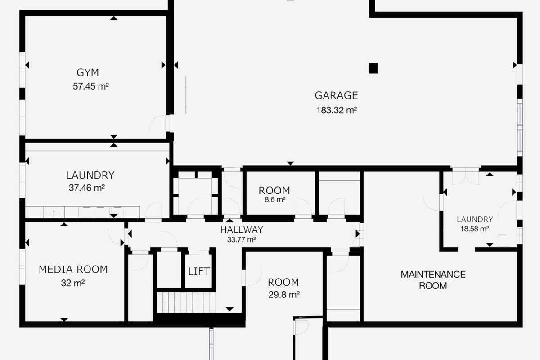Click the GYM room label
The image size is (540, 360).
[88, 72]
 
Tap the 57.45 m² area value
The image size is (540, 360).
[90, 86]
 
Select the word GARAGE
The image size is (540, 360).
[336, 95]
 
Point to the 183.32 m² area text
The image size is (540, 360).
[336, 110]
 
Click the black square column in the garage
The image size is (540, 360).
[373, 68]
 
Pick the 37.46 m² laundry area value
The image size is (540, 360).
[87, 188]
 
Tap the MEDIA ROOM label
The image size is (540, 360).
[73, 270]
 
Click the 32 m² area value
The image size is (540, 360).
[73, 283]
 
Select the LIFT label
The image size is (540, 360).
[199, 271]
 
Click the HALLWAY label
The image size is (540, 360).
[242, 230]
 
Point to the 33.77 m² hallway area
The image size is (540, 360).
[242, 239]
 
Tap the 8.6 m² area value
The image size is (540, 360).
[275, 200]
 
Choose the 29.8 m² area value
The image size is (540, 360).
[284, 294]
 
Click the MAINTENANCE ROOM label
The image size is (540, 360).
[433, 280]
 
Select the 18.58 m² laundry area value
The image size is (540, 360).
[475, 229]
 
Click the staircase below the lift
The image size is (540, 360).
[186, 302]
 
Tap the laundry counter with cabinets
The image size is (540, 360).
[82, 212]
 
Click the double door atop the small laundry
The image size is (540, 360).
[465, 176]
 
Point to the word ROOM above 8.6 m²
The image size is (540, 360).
[274, 191]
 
